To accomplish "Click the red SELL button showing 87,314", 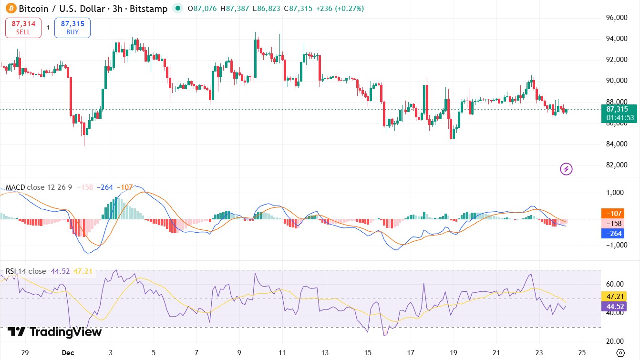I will coord(23,28).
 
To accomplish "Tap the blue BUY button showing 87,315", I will coord(72,28).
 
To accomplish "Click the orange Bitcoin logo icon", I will coord(10,8).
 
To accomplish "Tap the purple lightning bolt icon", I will coord(566,169).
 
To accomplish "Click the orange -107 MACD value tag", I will coord(613,214).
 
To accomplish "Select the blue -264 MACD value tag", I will coord(613,234).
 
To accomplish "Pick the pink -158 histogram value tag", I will coord(613,224).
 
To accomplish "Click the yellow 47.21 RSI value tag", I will coord(613,296).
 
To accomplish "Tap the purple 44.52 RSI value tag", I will coord(613,306).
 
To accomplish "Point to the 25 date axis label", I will coord(582,353).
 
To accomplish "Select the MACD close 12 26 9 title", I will coord(39,187).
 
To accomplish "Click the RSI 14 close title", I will coord(26,271).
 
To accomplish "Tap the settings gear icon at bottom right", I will coord(620,353).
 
